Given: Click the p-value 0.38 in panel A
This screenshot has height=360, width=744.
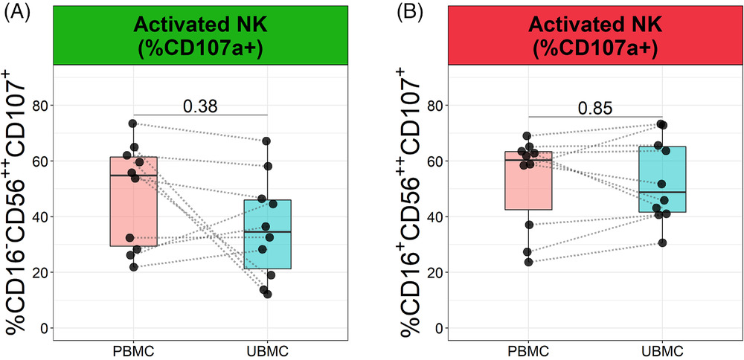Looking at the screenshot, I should click(x=199, y=106).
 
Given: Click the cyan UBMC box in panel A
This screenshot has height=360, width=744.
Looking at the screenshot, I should click(x=266, y=245).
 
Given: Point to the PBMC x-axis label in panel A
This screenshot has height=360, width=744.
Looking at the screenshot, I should click(x=133, y=350).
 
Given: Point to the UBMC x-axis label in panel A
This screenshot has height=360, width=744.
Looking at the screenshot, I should click(x=266, y=350).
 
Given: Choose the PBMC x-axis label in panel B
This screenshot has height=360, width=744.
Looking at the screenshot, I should click(x=528, y=350).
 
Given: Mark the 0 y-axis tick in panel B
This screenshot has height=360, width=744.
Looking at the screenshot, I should click(x=441, y=328).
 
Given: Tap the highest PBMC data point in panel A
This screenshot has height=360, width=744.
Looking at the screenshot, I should click(x=133, y=123).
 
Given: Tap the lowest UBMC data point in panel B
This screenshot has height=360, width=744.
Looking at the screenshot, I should click(x=661, y=243).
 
